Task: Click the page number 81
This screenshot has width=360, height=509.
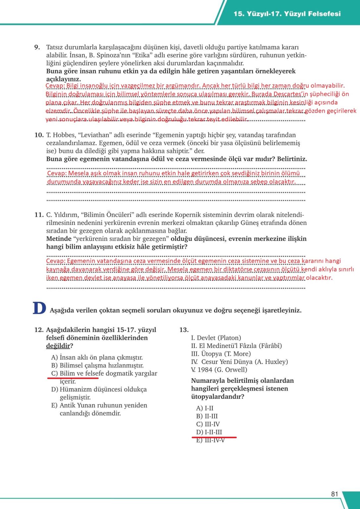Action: pos(334,494)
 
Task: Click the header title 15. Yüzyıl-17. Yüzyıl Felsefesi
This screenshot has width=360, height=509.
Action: pos(287,14)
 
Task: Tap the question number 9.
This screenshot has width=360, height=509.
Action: pos(37,47)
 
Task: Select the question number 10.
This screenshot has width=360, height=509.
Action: pos(39,135)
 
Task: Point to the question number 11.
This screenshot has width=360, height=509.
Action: pos(39,215)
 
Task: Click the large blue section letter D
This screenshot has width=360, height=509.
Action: pos(39,308)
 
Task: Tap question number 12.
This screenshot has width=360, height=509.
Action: pos(39,330)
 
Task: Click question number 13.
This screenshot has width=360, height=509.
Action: pos(184,330)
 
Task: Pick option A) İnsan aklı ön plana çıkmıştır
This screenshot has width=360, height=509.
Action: pos(97,357)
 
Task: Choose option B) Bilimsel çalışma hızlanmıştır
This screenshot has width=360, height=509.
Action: pos(97,365)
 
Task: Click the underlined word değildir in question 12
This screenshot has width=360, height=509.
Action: pos(58,346)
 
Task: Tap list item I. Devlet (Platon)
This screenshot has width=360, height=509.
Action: pos(216,338)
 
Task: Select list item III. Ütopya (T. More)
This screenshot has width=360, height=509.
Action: pos(221,354)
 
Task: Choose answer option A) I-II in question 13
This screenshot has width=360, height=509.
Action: pos(205,408)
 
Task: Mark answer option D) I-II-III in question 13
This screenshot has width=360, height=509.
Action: pos(209,432)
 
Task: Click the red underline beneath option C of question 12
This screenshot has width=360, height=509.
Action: pos(73,377)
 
